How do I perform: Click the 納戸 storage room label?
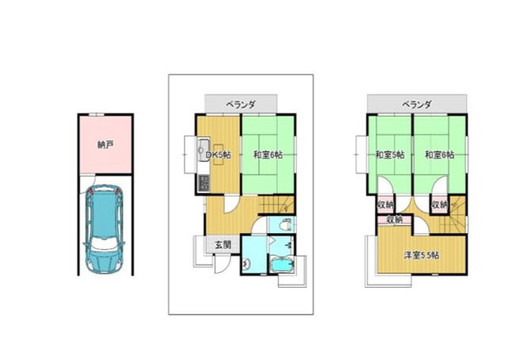click(105, 144)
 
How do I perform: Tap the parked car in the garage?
click(104, 228)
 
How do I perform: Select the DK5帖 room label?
click(219, 155)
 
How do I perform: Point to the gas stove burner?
click(204, 183)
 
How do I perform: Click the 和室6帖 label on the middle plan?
click(268, 155)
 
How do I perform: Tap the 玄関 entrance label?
click(223, 245)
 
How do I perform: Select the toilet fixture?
click(285, 224)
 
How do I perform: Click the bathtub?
click(282, 265)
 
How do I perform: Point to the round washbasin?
click(246, 265)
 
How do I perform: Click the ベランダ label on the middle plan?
click(241, 104)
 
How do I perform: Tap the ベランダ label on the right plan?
click(417, 104)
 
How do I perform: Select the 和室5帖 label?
click(390, 155)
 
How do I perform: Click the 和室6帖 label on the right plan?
click(440, 155)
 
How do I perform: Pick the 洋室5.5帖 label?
click(421, 255)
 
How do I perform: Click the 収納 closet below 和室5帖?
click(386, 205)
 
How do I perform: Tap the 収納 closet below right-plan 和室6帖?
click(440, 205)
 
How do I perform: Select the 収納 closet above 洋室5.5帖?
click(395, 220)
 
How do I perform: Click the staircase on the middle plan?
click(276, 205)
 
